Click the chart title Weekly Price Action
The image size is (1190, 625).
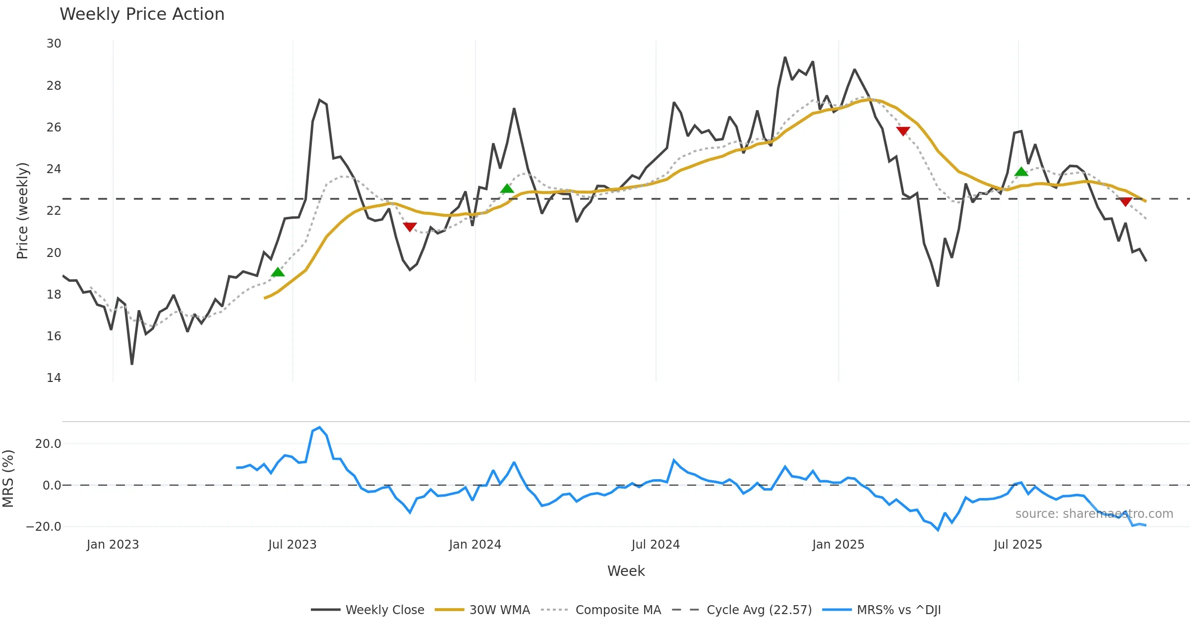142,14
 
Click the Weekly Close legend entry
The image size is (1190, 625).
384,610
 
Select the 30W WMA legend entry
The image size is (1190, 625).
499,610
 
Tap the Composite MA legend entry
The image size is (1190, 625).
618,610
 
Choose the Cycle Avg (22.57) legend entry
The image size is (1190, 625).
759,610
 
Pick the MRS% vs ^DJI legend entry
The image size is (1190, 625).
898,610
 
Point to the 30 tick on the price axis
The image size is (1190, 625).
54,44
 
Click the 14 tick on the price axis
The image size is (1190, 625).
54,378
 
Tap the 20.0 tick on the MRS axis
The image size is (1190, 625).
48,444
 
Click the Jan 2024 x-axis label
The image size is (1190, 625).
475,545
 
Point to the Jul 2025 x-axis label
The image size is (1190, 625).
1018,545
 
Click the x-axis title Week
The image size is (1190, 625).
626,571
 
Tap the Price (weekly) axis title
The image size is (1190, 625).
22,211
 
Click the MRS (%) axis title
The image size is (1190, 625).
8,479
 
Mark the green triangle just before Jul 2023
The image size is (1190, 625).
278,272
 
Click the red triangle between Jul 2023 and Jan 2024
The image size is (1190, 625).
410,227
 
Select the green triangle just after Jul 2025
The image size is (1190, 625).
1021,172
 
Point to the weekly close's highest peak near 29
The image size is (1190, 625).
785,58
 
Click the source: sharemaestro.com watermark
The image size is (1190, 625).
1094,514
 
